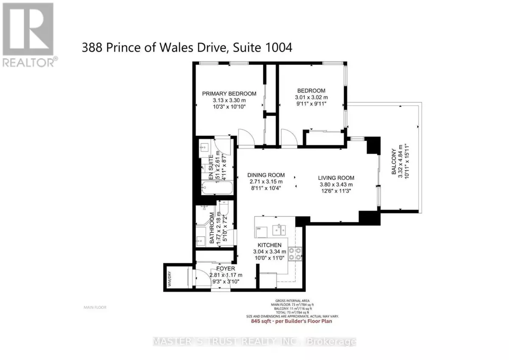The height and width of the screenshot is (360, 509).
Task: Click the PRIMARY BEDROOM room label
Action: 229,94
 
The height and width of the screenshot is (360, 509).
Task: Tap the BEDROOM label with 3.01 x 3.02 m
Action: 311,90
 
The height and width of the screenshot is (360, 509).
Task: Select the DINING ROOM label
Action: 266,175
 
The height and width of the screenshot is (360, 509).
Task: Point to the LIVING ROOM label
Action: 336,178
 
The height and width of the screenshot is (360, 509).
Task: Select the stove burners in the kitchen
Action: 295,253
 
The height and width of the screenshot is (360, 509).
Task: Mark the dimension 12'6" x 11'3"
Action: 336,191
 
